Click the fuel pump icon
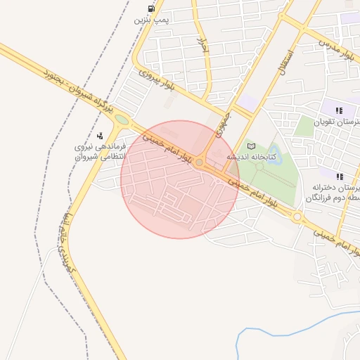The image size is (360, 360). coord(151,8)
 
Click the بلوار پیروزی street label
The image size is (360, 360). coord(155,79)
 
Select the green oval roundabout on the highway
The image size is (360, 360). coord(122,120)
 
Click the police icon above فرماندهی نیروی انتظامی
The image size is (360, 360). coord(100,136)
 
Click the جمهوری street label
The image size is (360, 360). coord(223,122)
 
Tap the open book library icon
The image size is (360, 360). coord(252,146)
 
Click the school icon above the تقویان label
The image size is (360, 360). coord(340,110)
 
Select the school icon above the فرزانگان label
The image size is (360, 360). coord(340,176)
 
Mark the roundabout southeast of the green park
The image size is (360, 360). coord(297,217)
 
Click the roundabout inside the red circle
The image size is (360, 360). coord(200,162)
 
